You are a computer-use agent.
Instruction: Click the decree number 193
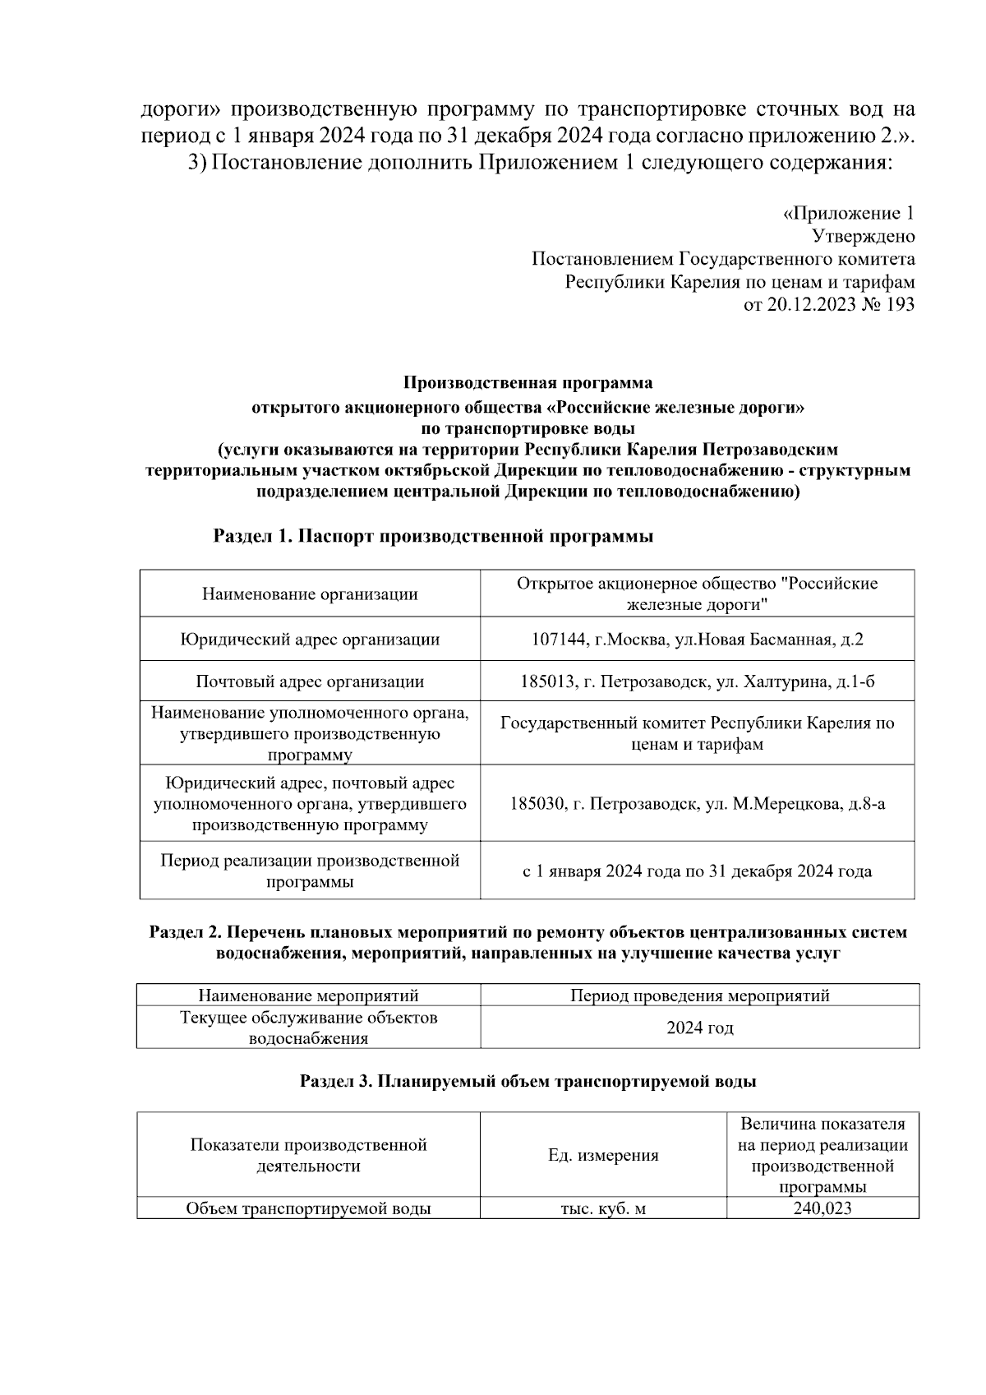(x=900, y=305)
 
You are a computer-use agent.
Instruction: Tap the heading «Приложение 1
(x=847, y=214)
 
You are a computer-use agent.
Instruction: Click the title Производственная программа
(x=528, y=383)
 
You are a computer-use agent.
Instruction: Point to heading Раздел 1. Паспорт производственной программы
(x=433, y=537)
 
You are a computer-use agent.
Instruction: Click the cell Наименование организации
(x=310, y=594)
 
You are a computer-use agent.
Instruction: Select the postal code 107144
(x=558, y=640)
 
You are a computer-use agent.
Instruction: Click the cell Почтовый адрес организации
(x=310, y=681)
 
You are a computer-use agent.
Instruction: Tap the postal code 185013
(x=546, y=681)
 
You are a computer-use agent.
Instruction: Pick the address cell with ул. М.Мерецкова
(x=697, y=804)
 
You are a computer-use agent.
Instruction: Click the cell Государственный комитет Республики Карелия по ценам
(x=697, y=733)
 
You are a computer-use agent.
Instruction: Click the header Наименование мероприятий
(x=309, y=995)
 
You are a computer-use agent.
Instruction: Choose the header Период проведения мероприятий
(x=700, y=995)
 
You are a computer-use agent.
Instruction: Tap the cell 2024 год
(x=700, y=1028)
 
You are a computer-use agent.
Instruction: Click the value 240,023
(x=822, y=1208)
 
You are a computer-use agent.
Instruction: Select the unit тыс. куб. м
(x=603, y=1209)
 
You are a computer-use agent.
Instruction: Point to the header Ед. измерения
(x=603, y=1155)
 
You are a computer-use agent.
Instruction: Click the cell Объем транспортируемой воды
(x=309, y=1209)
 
